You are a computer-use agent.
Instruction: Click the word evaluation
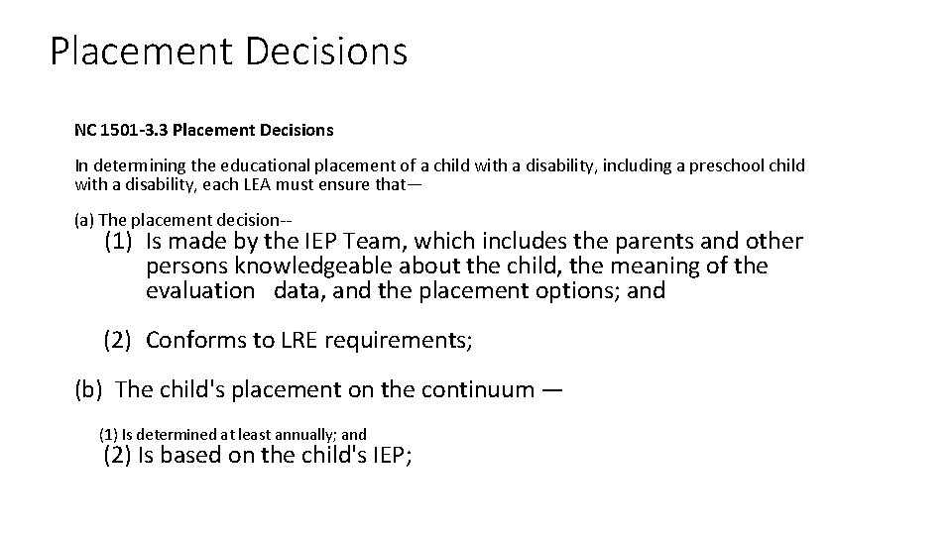coord(199,291)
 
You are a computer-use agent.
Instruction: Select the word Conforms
coord(195,341)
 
